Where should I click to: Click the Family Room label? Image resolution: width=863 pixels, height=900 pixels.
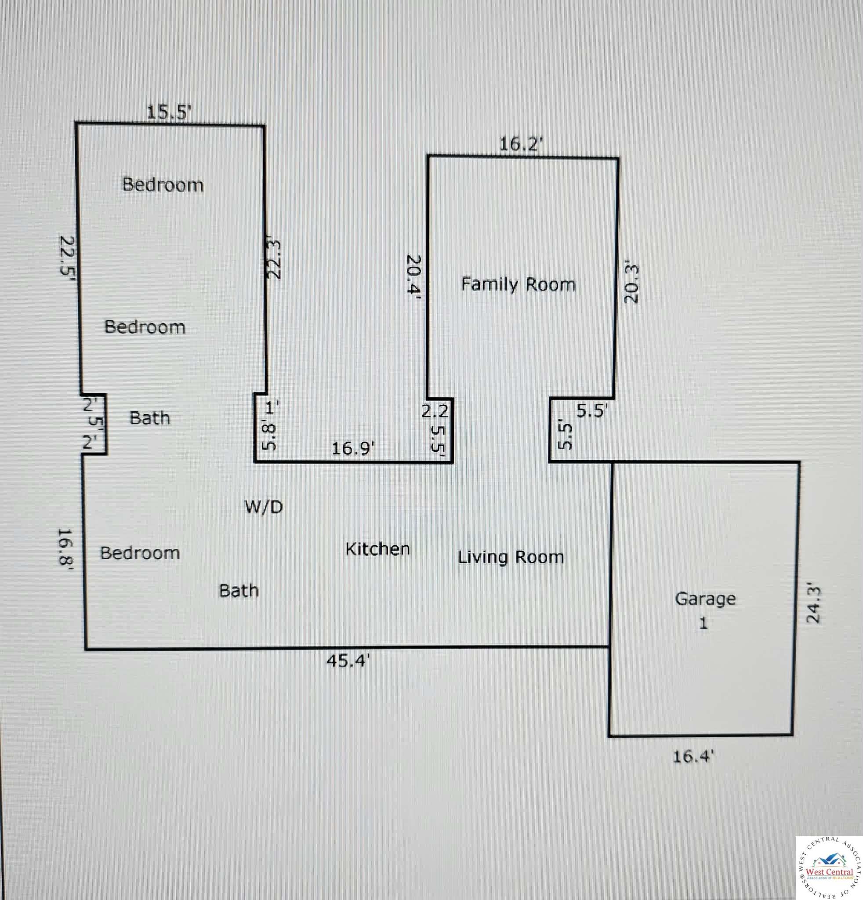[518, 285]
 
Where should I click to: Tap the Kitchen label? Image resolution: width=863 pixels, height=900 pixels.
[377, 549]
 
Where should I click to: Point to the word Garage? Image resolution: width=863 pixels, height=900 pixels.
[705, 599]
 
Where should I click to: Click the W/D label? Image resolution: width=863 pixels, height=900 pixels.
[264, 507]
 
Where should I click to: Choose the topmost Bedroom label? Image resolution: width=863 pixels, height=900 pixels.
[163, 185]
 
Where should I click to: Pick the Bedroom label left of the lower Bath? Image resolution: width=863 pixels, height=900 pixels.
[140, 552]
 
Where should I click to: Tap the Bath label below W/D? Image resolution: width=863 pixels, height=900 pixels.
[239, 590]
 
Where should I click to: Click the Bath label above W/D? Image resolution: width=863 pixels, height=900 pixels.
[150, 418]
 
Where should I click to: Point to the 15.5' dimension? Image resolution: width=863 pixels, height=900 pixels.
[168, 112]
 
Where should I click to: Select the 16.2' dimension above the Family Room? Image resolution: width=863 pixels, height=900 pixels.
[522, 145]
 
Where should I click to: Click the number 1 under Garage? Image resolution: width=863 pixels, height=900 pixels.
[703, 624]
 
